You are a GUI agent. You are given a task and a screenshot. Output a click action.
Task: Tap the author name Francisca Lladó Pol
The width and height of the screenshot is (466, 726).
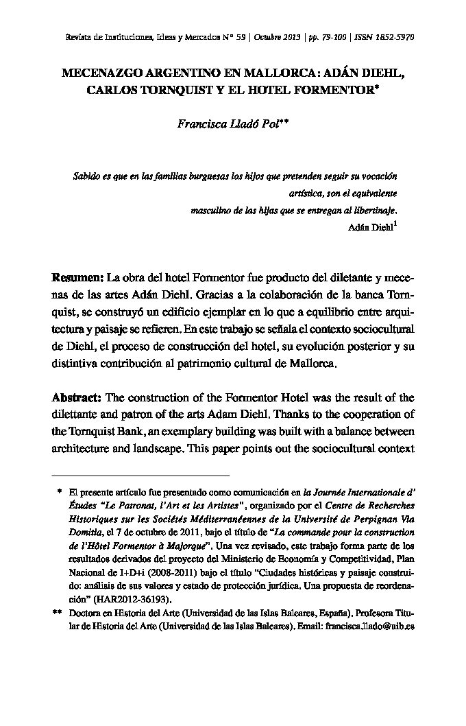(x=228, y=124)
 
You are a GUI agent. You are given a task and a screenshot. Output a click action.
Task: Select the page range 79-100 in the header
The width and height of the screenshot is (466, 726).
(x=330, y=36)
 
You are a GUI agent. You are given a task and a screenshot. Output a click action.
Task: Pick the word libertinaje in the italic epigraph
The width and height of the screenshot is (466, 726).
(x=371, y=211)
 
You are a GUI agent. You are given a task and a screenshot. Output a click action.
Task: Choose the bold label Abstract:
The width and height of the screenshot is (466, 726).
(x=77, y=398)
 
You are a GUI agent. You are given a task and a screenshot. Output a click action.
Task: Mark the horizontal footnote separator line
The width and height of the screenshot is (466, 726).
(x=140, y=475)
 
